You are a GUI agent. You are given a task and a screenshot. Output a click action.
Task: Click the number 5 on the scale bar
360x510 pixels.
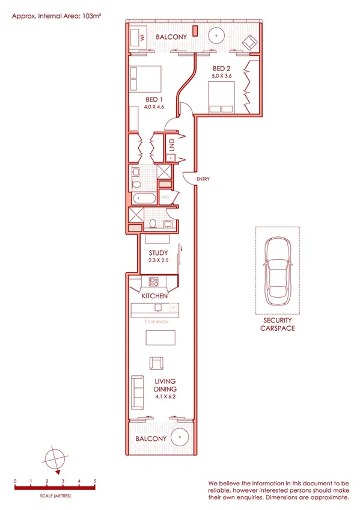pyautogui.click(x=94, y=482)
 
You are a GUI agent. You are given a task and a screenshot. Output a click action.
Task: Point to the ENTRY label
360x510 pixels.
pyautogui.click(x=202, y=179)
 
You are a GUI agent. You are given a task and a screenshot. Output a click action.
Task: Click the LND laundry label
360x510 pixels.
pyautogui.click(x=171, y=145)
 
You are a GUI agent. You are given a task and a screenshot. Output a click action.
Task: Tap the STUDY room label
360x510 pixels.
pyautogui.click(x=158, y=253)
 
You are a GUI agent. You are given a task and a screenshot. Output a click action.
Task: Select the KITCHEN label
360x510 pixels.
pyautogui.click(x=154, y=296)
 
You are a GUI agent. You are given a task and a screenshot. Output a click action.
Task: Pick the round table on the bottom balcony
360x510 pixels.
pyautogui.click(x=178, y=437)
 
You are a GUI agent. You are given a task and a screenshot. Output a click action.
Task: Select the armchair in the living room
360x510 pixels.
pyautogui.click(x=156, y=363)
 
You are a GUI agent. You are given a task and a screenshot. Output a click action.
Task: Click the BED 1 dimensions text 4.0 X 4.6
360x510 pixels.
pyautogui.click(x=154, y=107)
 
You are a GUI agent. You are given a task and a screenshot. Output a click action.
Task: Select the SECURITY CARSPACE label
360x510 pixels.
pyautogui.click(x=277, y=325)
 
